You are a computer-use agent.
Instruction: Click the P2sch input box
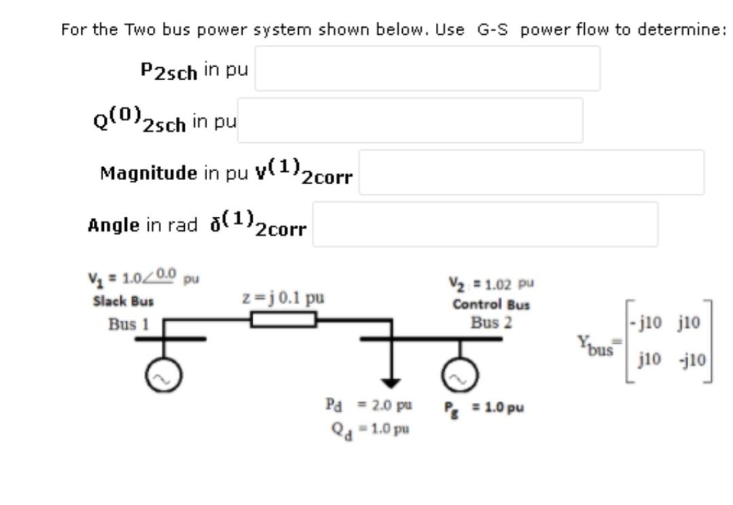[427, 69]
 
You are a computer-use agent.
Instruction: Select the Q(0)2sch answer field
[410, 120]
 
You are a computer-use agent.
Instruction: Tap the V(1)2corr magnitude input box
[531, 172]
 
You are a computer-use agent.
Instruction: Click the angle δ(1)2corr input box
[485, 224]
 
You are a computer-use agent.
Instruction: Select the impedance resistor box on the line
[284, 319]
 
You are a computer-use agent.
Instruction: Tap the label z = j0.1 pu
[283, 298]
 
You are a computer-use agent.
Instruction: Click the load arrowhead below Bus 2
[391, 383]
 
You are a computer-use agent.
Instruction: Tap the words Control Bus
[491, 304]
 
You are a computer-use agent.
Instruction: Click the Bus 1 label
[128, 324]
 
